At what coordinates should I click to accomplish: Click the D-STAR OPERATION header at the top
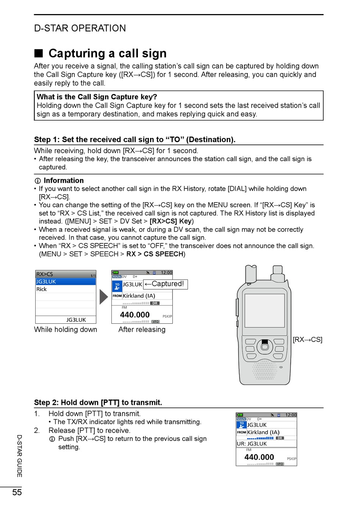click(80, 28)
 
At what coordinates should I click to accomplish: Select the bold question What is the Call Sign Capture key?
click(97, 97)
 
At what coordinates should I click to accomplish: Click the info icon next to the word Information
click(38, 181)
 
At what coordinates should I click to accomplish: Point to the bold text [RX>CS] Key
click(171, 221)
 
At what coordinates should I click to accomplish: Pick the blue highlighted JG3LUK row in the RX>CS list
click(66, 282)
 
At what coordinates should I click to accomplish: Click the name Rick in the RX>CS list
click(42, 289)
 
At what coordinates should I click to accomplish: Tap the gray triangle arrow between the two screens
click(103, 297)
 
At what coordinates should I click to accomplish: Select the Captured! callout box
click(166, 284)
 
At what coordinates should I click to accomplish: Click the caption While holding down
click(66, 329)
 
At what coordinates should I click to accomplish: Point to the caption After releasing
click(142, 329)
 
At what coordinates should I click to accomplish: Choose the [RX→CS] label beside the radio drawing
click(307, 340)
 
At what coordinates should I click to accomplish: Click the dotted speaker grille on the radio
click(265, 370)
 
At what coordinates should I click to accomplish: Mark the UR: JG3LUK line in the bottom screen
click(252, 444)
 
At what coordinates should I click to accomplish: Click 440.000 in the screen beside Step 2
click(259, 457)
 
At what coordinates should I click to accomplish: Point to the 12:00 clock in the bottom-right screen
click(291, 415)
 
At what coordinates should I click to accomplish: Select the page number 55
click(17, 492)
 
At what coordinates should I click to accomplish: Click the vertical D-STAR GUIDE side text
click(19, 456)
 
